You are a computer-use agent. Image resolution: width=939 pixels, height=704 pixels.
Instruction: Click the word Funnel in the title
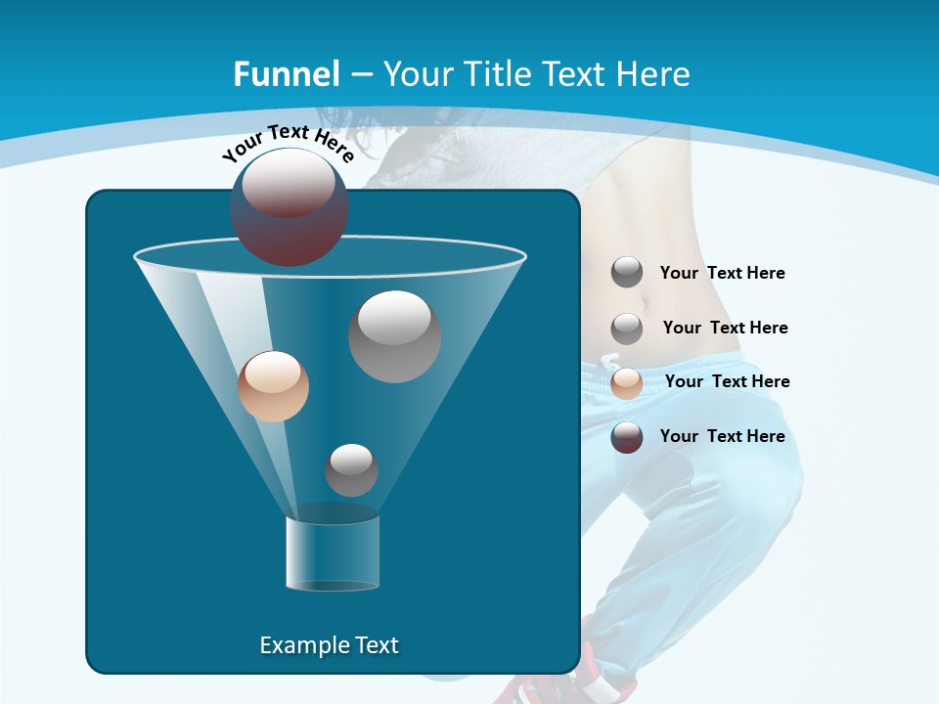click(x=286, y=74)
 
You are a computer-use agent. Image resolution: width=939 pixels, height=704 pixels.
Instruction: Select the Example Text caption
click(x=329, y=645)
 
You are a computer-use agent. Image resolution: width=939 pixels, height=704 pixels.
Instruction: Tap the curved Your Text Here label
click(x=288, y=143)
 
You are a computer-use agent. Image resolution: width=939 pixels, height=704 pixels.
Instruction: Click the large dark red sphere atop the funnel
click(x=290, y=207)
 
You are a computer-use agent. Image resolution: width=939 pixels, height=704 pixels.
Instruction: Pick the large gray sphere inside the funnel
click(x=394, y=336)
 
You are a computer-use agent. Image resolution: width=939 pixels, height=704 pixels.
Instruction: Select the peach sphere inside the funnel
click(x=273, y=386)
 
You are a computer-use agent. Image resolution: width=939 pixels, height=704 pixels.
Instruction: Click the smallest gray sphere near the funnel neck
click(x=351, y=470)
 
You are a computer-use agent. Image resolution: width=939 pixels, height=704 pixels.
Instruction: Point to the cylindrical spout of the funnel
click(x=333, y=552)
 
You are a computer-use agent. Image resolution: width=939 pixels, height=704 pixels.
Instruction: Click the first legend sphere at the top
click(x=627, y=273)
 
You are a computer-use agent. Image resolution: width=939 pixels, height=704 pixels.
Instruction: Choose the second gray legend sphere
click(x=627, y=328)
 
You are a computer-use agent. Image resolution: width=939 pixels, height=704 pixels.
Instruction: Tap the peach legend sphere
click(x=627, y=382)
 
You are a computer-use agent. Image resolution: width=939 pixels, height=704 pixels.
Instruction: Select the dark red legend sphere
click(x=627, y=437)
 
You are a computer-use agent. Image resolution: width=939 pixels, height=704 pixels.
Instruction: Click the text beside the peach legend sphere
click(x=727, y=381)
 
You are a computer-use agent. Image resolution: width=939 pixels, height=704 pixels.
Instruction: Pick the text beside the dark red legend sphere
click(x=722, y=436)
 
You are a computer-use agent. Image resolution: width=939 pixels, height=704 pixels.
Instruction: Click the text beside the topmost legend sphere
click(x=722, y=273)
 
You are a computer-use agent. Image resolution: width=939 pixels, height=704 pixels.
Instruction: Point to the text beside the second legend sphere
click(x=725, y=328)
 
